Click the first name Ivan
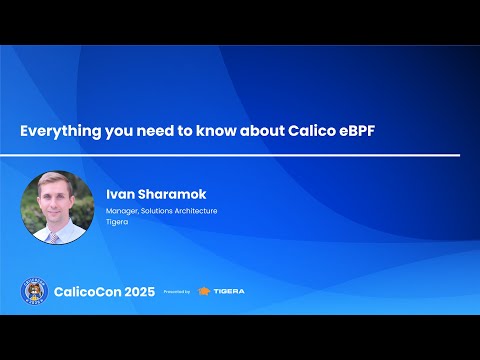coord(121,193)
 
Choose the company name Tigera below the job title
coord(116,223)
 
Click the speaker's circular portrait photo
coord(57,207)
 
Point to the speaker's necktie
coord(57,237)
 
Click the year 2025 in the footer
coord(136,291)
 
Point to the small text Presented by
coord(176,292)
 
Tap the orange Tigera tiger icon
coord(204,291)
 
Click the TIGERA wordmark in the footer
coord(229,291)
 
